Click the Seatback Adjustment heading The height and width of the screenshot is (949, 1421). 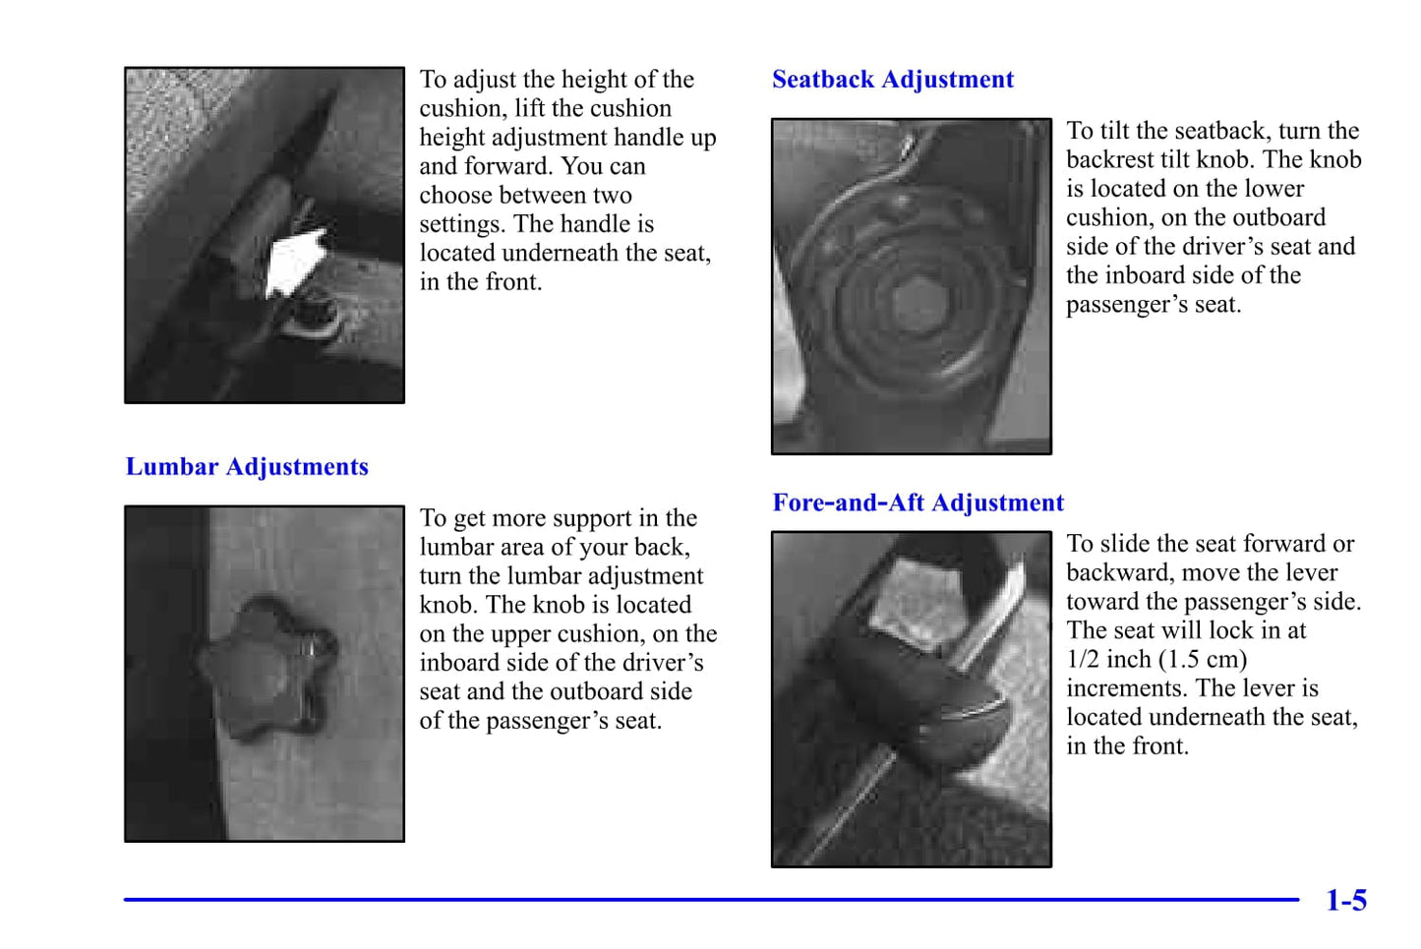(893, 80)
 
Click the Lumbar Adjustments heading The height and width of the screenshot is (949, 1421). (247, 467)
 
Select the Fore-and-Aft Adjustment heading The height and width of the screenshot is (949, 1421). (918, 503)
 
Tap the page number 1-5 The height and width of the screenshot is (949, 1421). (1346, 900)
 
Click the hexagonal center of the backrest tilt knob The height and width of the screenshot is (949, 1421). (919, 304)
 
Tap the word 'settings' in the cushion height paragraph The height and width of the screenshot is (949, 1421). (462, 224)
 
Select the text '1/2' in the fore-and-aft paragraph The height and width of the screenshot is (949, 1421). (1083, 659)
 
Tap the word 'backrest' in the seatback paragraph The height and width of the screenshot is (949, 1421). (1109, 159)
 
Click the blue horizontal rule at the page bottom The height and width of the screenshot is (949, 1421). (711, 900)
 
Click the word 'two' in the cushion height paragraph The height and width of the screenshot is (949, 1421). (613, 196)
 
